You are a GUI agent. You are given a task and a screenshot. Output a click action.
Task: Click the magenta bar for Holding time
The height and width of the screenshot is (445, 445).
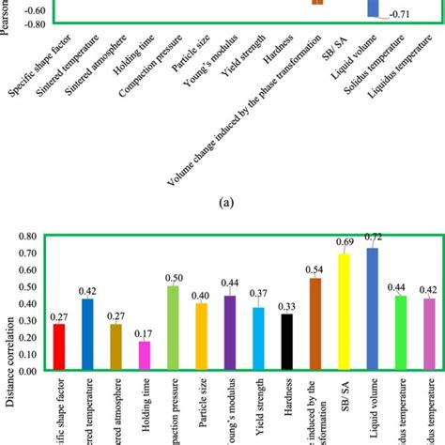[144, 356]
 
